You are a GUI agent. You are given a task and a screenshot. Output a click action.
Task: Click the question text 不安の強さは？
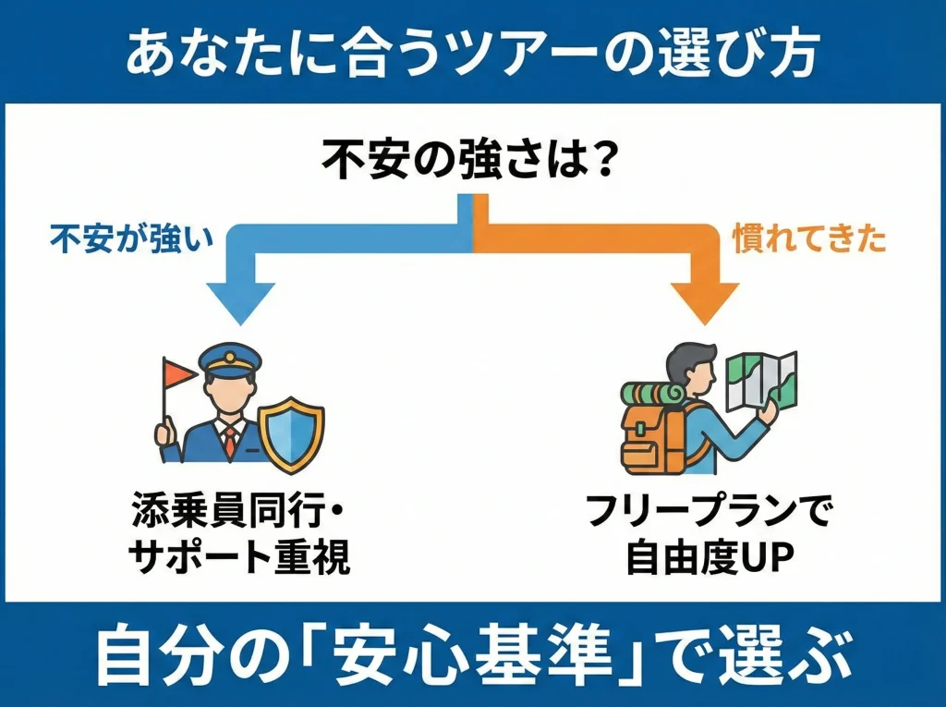tap(470, 163)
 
